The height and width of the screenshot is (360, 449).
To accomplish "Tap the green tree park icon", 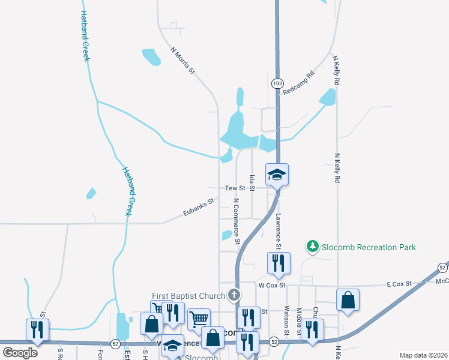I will click(x=312, y=246).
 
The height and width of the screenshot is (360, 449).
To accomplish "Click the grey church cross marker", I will click(x=234, y=295).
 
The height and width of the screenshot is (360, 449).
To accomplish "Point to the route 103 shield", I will click(x=277, y=83).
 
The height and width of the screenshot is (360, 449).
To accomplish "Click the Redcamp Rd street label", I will click(x=298, y=83).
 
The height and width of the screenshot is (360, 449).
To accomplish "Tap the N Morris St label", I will click(x=183, y=61).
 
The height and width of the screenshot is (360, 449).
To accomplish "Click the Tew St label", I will click(x=232, y=188).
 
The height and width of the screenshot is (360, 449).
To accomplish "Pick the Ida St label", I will click(x=252, y=183).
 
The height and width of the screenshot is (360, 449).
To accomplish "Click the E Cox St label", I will click(x=399, y=283).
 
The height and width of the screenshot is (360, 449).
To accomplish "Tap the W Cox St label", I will click(x=270, y=286).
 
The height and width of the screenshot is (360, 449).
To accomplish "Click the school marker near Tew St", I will click(x=277, y=175).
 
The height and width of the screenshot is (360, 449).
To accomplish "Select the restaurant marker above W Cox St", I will click(x=279, y=263).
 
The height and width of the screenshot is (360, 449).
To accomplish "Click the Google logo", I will click(x=20, y=353).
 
